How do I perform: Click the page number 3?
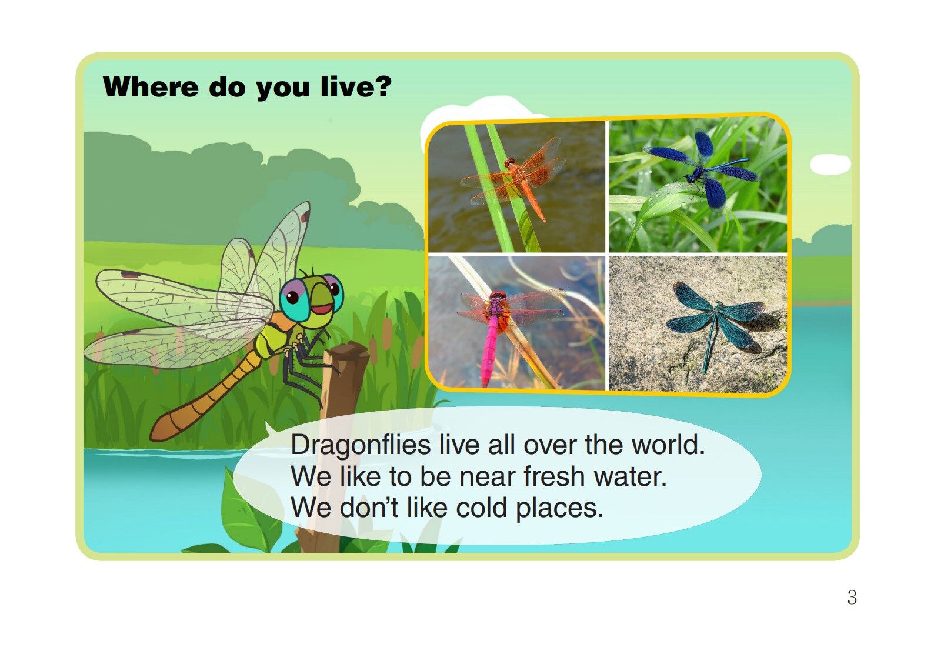852,598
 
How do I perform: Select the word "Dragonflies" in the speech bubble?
361,445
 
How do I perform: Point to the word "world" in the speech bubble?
667,445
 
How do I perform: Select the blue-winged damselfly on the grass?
700,171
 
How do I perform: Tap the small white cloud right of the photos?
830,164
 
